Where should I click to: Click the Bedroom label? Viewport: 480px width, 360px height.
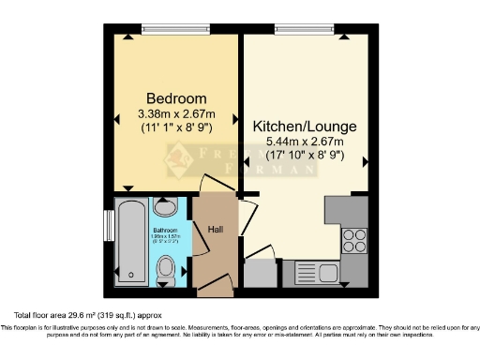coord(170,98)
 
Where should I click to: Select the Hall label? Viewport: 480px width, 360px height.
coord(214,227)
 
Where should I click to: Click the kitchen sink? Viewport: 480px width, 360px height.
coord(312,272)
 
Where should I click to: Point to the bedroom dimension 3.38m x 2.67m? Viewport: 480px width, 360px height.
coord(170,113)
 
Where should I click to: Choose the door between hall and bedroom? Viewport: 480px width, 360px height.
coord(216,184)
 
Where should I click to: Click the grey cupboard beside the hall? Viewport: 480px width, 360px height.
coord(260,273)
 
